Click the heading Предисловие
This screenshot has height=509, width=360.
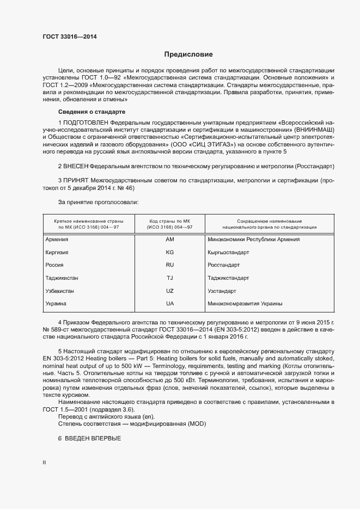pyautogui.click(x=188, y=54)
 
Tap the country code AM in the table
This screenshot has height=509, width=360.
pyautogui.click(x=169, y=240)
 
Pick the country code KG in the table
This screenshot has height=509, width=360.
pyautogui.click(x=169, y=252)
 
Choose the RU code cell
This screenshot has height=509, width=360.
pyautogui.click(x=169, y=265)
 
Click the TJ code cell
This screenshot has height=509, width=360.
pyautogui.click(x=169, y=278)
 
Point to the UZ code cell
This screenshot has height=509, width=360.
pyautogui.click(x=169, y=291)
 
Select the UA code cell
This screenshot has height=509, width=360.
pyautogui.click(x=169, y=304)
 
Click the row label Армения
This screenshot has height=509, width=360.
pyautogui.click(x=57, y=240)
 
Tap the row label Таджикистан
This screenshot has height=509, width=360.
pyautogui.click(x=62, y=278)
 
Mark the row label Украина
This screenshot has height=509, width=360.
pyautogui.click(x=56, y=304)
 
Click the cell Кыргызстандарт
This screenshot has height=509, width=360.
pyautogui.click(x=228, y=253)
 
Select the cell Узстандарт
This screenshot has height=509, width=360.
pyautogui.click(x=222, y=291)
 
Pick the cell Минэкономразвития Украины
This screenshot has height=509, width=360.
pyautogui.click(x=245, y=304)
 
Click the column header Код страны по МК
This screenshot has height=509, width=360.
pyautogui.click(x=169, y=222)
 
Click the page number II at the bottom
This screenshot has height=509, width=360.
pyautogui.click(x=44, y=462)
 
